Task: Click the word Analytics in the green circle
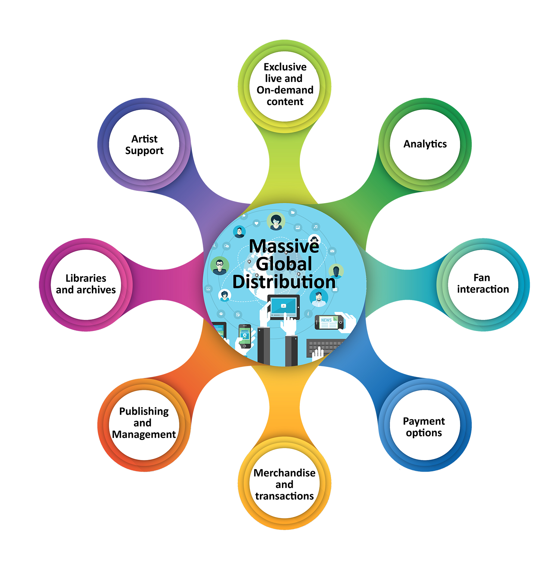pyautogui.click(x=425, y=144)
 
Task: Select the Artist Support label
pyautogui.click(x=144, y=145)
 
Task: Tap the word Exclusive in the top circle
pyautogui.click(x=285, y=67)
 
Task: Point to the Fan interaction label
pyautogui.click(x=483, y=283)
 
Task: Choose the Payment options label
pyautogui.click(x=424, y=427)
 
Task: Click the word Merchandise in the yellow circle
pyautogui.click(x=284, y=473)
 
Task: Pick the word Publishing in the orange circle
pyautogui.click(x=144, y=411)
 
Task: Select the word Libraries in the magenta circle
pyautogui.click(x=86, y=278)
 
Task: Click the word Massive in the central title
pyautogui.click(x=284, y=246)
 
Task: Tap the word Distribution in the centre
pyautogui.click(x=284, y=282)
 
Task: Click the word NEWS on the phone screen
pyautogui.click(x=326, y=320)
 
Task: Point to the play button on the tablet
pyautogui.click(x=283, y=306)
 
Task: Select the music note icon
pyautogui.click(x=316, y=227)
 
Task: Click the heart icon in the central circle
pyautogui.click(x=256, y=223)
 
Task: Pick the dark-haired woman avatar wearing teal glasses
pyautogui.click(x=276, y=221)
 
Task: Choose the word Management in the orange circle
pyautogui.click(x=144, y=434)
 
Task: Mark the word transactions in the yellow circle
pyautogui.click(x=284, y=496)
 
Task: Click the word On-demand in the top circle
pyautogui.click(x=285, y=90)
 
